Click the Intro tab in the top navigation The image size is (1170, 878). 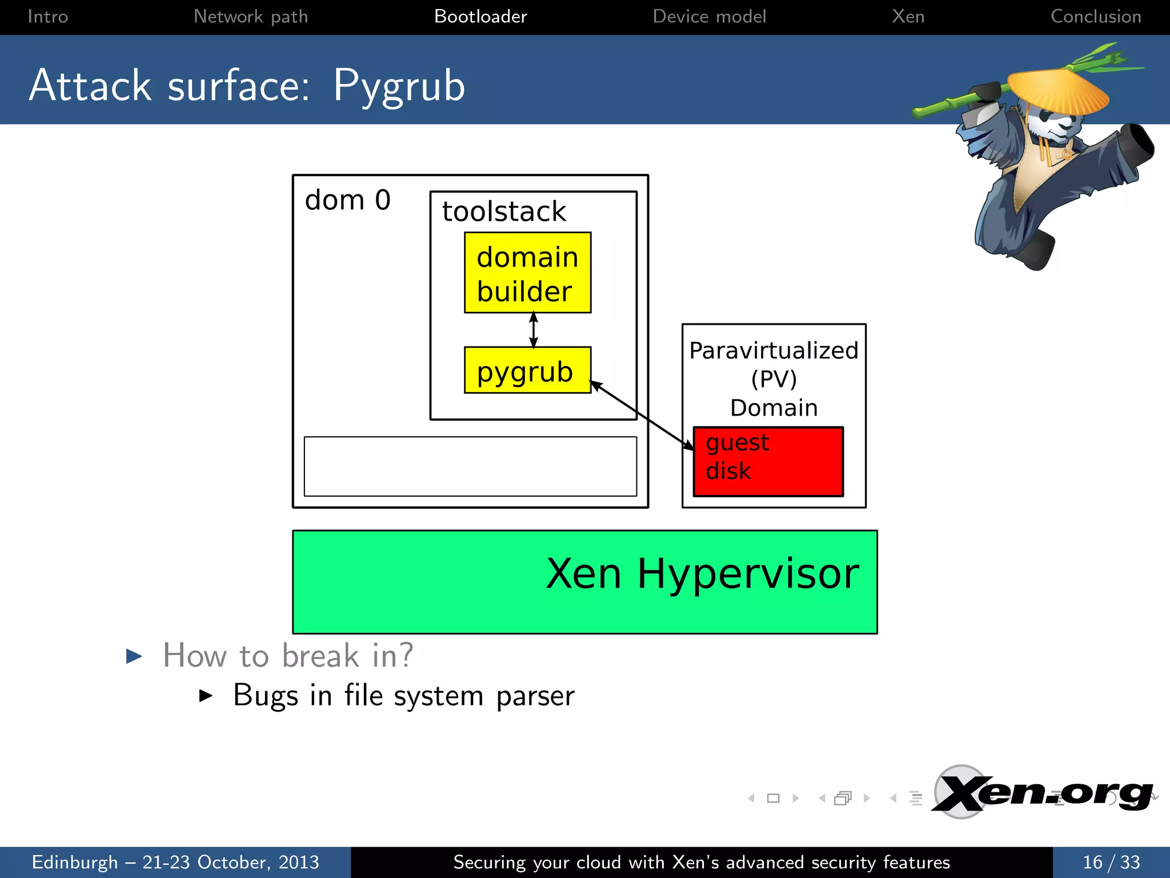pos(47,17)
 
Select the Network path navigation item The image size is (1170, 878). pos(251,17)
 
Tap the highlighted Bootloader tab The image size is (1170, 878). pos(480,17)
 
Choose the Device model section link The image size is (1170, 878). pos(709,17)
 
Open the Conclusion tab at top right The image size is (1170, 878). pos(1096,17)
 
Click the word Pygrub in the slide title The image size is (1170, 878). pos(399,86)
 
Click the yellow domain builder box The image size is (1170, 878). pos(527,273)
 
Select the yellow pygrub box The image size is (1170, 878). pos(527,370)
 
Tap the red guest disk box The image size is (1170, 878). pos(768,461)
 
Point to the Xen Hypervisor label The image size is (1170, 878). pos(702,573)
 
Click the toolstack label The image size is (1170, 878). pos(504,211)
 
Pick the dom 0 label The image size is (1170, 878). pos(347,200)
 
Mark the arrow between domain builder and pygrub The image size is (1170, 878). pos(534,330)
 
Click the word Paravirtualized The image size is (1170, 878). pos(774,350)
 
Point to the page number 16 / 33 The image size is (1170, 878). pos(1111,862)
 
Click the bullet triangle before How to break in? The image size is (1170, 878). pos(134,656)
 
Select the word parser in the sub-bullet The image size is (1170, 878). pos(535,696)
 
